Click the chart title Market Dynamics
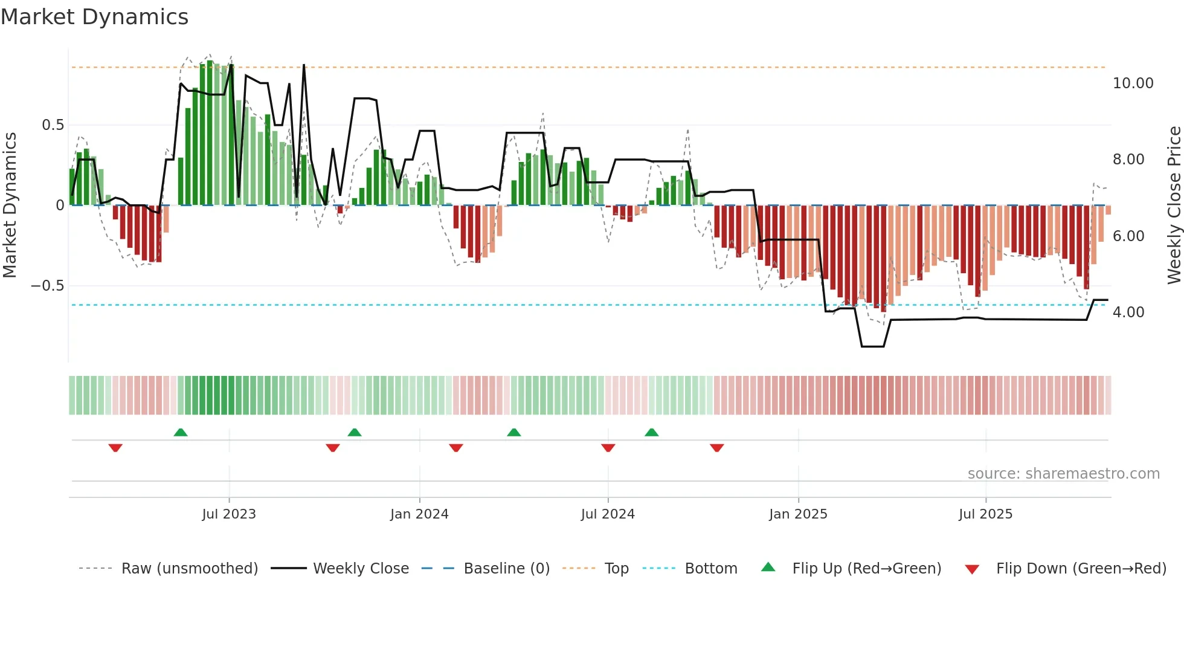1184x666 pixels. tap(94, 17)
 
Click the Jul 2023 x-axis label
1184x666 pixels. tap(229, 514)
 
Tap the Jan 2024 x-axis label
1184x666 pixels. tap(419, 514)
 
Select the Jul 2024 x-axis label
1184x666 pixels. tap(608, 514)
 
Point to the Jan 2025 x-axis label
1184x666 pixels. tap(798, 514)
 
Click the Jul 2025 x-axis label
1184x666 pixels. tap(985, 514)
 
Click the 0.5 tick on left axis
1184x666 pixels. tap(53, 125)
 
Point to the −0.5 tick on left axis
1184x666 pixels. tap(48, 286)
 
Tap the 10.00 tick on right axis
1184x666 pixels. tap(1133, 83)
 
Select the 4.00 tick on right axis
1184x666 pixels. tap(1128, 312)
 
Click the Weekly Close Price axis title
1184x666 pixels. tap(1174, 205)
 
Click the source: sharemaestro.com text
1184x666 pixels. tap(1063, 474)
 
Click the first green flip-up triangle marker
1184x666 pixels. tap(181, 432)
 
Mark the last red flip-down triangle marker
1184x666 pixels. tap(717, 448)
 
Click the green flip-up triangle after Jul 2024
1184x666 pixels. tap(651, 432)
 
